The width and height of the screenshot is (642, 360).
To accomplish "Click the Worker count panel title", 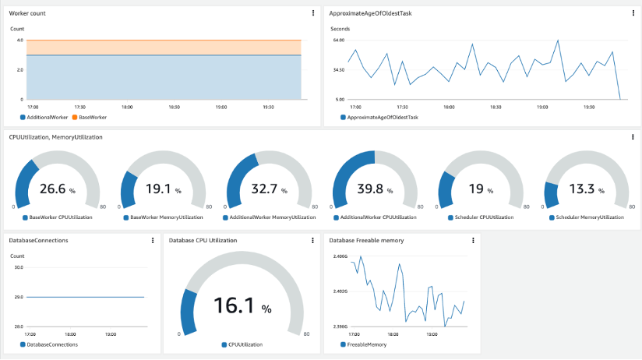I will [27, 13].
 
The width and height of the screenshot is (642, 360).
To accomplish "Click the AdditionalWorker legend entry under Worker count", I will [47, 117].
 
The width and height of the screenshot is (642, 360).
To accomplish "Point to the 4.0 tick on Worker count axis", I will [19, 40].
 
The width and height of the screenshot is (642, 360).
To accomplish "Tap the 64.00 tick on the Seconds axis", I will [338, 40].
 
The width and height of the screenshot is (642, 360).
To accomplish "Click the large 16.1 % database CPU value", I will [243, 307].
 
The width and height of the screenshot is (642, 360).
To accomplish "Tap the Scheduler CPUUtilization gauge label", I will [482, 217].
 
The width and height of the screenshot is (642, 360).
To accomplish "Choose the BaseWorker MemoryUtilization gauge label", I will [166, 217].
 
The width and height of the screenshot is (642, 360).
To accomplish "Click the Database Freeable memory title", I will [366, 241].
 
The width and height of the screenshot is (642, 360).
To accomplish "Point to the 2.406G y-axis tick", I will [340, 256].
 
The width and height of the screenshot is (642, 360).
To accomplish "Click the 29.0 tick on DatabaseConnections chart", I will [19, 297].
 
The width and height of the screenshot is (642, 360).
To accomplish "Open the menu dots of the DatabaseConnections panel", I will [152, 241].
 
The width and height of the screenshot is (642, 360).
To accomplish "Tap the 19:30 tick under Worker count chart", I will [269, 107].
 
